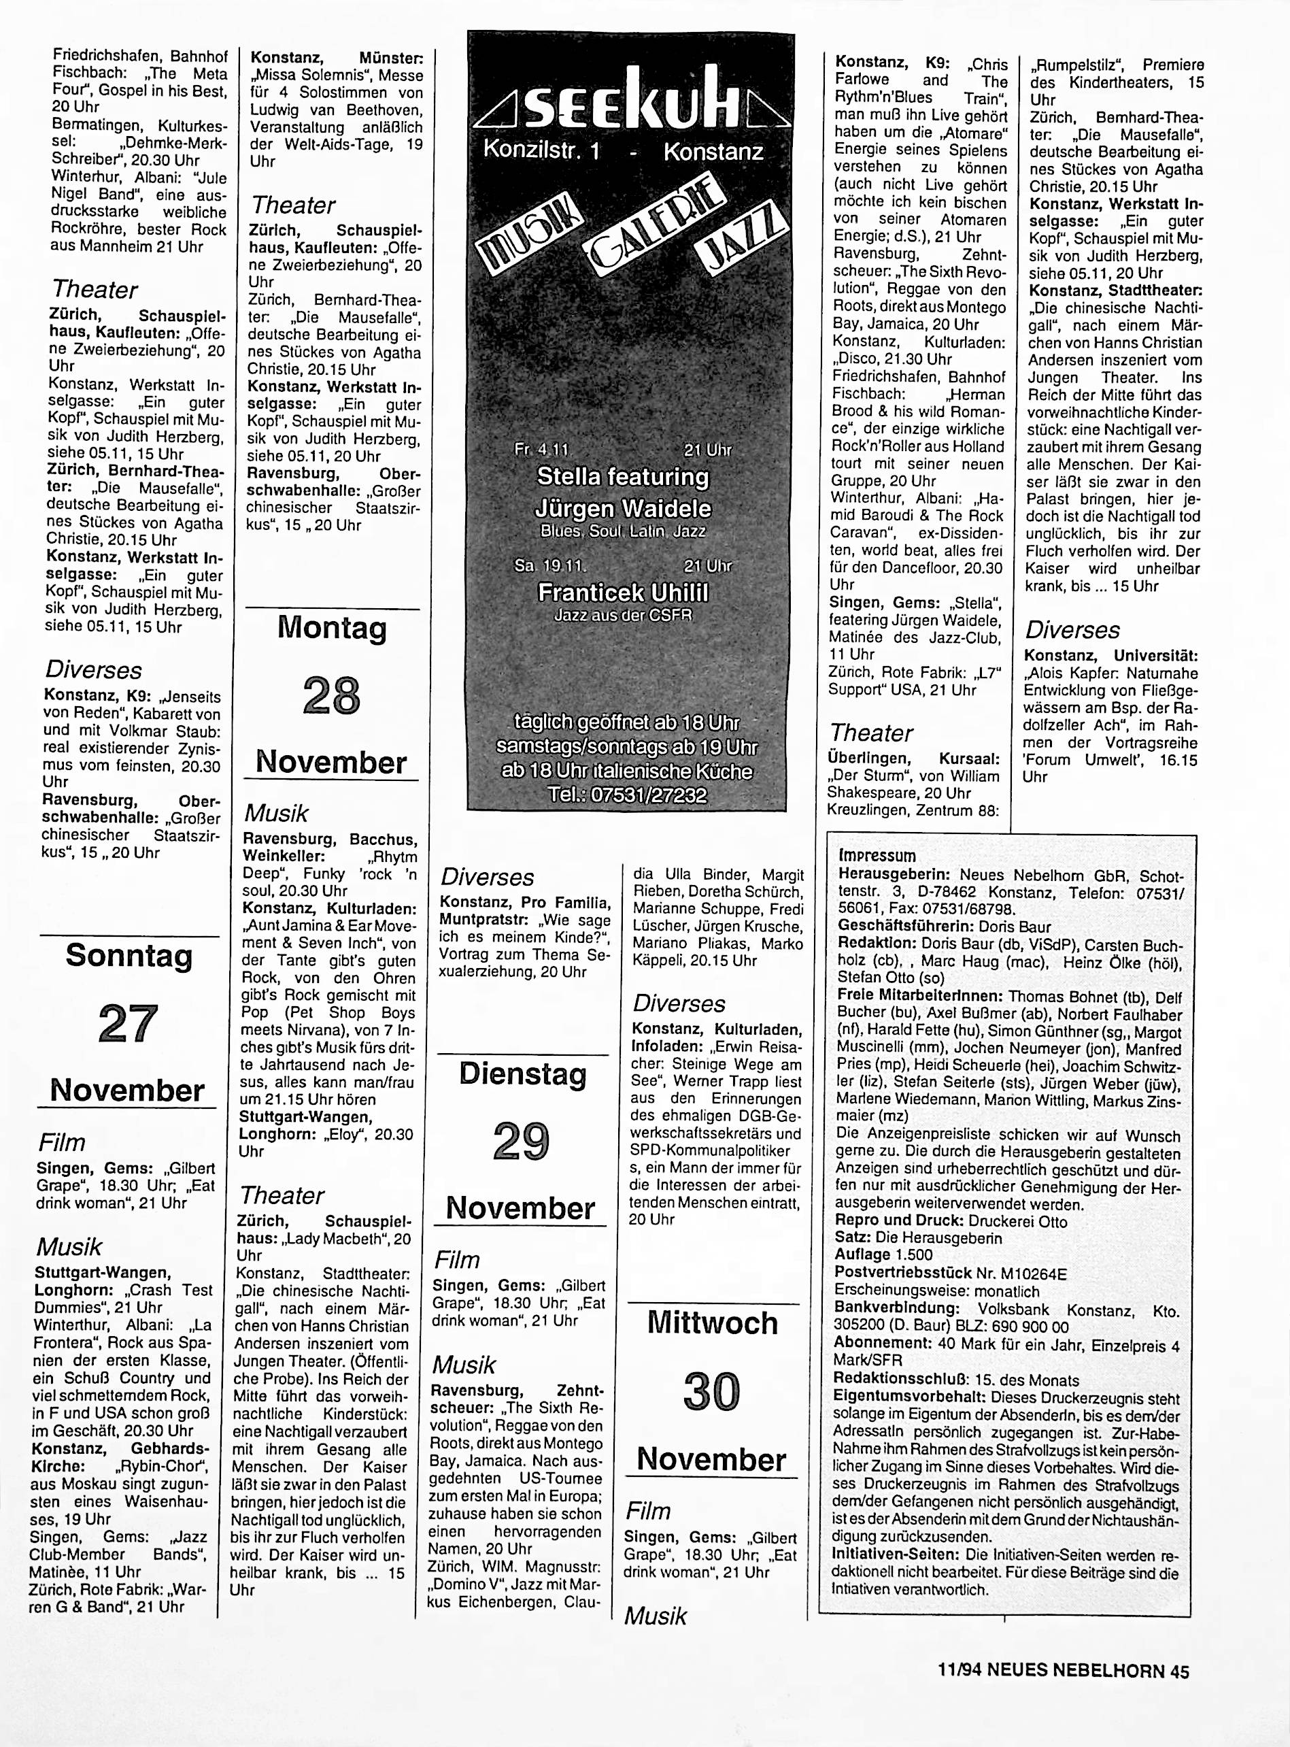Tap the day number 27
pyautogui.click(x=129, y=1025)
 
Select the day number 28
pyautogui.click(x=331, y=696)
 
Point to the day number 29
pyautogui.click(x=522, y=1142)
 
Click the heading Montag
pyautogui.click(x=332, y=628)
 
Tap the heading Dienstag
pyautogui.click(x=522, y=1075)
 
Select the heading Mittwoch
pyautogui.click(x=712, y=1323)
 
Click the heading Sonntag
pyautogui.click(x=129, y=956)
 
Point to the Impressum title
pyautogui.click(x=877, y=855)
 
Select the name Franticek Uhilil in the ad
pyautogui.click(x=622, y=593)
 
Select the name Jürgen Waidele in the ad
pyautogui.click(x=623, y=509)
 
